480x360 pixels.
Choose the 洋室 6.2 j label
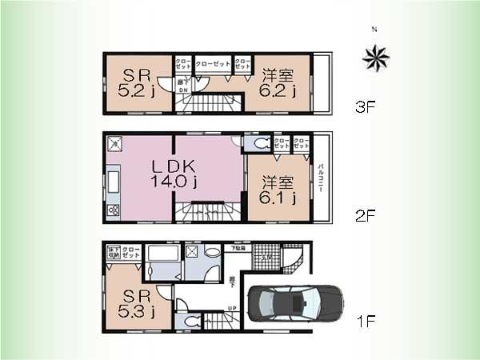(x=278, y=83)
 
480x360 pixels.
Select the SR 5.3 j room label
(x=134, y=302)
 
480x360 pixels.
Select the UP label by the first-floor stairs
(x=232, y=307)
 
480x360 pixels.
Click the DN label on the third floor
(x=183, y=90)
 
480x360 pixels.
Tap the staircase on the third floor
(x=216, y=103)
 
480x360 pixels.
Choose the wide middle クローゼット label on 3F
(x=213, y=63)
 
